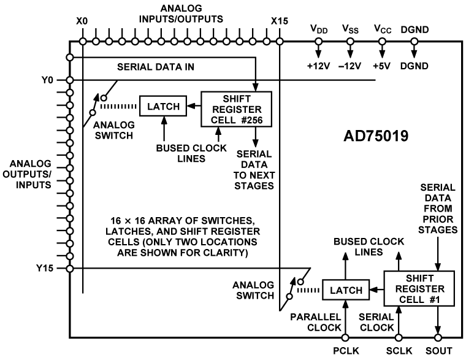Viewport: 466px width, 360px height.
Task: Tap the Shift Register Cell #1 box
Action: click(418, 288)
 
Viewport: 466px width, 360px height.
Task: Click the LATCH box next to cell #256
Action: click(162, 105)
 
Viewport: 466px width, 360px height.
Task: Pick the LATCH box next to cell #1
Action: click(345, 288)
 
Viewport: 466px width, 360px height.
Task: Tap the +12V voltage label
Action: click(318, 66)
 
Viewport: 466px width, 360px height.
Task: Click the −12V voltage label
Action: click(350, 66)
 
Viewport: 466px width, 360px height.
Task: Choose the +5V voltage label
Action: click(382, 66)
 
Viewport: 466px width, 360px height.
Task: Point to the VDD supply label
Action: click(318, 29)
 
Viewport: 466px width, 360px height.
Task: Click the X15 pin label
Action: click(279, 21)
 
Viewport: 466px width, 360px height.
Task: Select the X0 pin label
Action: click(82, 21)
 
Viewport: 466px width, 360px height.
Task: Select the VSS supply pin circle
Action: click(350, 42)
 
